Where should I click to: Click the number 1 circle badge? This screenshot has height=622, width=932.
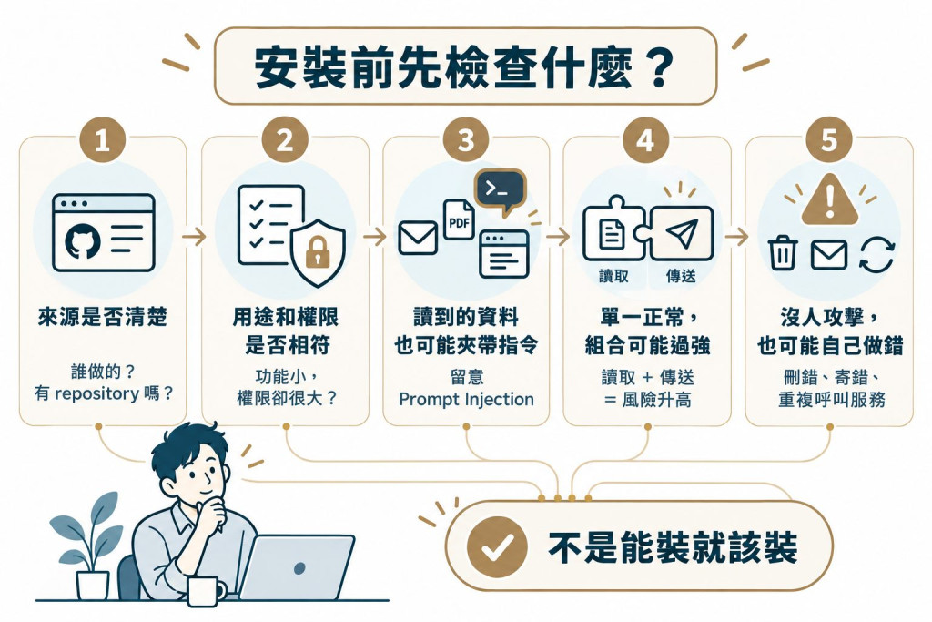tap(102, 140)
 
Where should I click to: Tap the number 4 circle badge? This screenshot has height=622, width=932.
tap(645, 140)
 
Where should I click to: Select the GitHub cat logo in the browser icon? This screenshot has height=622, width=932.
tap(83, 241)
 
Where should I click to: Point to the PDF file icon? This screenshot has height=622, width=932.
tap(459, 219)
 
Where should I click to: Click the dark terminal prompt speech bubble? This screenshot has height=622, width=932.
tap(500, 191)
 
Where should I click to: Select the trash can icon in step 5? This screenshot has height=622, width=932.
tap(783, 253)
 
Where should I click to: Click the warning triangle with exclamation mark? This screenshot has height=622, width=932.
tap(829, 199)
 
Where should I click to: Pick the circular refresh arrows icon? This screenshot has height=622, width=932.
tap(876, 253)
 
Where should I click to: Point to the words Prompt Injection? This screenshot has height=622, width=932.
tap(466, 399)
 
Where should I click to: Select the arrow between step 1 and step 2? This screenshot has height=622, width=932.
tap(194, 237)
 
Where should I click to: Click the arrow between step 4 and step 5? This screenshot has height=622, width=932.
tap(737, 237)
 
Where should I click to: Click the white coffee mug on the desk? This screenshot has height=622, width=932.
tap(205, 591)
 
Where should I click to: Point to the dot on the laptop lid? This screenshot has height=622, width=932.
tap(299, 568)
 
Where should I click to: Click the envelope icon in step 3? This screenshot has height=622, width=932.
tap(418, 238)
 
